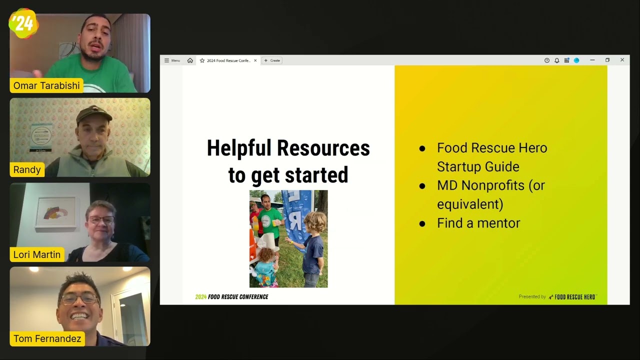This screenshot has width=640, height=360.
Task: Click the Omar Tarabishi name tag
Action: pos(46,85)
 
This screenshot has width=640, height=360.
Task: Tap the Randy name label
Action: pos(27,169)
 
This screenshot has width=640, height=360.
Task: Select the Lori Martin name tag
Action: pos(36,254)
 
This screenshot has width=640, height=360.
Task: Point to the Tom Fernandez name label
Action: pos(47,338)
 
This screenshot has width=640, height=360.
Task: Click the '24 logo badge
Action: pos(23,23)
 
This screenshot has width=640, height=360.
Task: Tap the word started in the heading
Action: pos(316,175)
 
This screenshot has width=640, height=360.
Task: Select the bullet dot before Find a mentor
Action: pos(422,223)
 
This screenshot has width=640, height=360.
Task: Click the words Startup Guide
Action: pos(478,166)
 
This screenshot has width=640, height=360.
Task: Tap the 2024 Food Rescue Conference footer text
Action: pos(231,297)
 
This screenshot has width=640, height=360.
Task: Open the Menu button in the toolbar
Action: pos(172,60)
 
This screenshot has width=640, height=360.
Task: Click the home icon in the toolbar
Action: pos(190,60)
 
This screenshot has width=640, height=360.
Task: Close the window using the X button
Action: pos(622,60)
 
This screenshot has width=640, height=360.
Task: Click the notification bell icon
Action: pos(556,60)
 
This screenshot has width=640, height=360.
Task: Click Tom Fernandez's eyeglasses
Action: pos(79,299)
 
